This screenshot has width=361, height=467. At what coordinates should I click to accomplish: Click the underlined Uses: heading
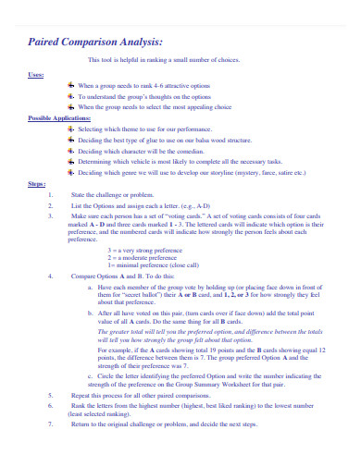pyautogui.click(x=35, y=74)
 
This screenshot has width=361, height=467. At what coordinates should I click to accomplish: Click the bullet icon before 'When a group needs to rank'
pyautogui.click(x=71, y=85)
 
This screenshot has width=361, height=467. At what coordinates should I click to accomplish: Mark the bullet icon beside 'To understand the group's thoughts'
pyautogui.click(x=71, y=96)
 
